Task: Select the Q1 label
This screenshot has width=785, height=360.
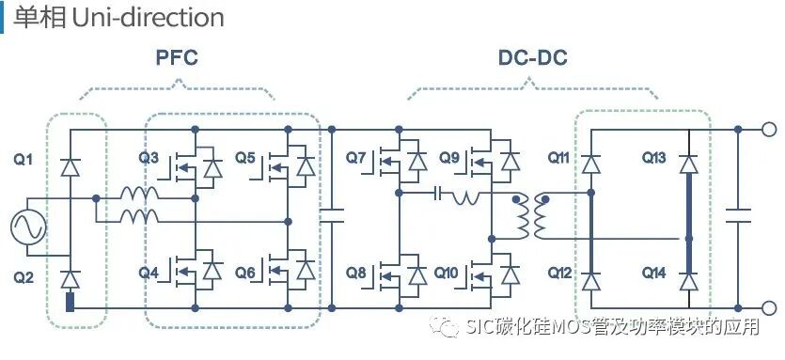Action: tap(23, 160)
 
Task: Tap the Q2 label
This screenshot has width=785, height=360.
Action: tap(23, 277)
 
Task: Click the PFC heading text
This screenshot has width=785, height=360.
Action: tap(177, 58)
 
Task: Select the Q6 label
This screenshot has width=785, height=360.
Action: tap(245, 273)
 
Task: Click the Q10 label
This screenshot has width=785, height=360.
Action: tap(448, 273)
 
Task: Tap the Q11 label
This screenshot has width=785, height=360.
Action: tap(559, 157)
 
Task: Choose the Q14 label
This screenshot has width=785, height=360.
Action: tap(654, 273)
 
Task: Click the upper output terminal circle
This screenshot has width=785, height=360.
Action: tap(768, 129)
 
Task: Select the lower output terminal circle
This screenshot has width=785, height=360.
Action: tap(768, 307)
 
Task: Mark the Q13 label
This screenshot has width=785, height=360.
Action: tap(654, 157)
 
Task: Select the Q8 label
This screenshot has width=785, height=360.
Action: tap(356, 273)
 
